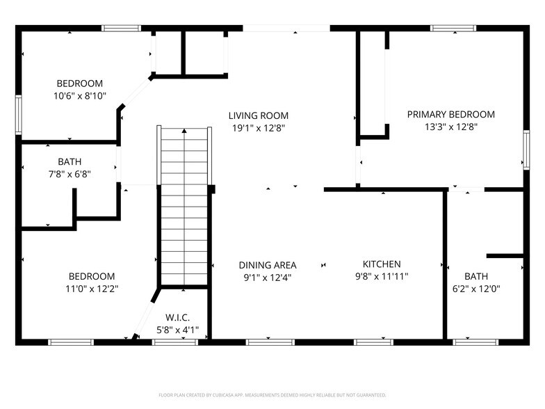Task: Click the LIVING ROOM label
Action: point(259,115)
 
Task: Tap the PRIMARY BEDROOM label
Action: point(450,115)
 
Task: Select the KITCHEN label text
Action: point(382,264)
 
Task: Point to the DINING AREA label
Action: point(268,265)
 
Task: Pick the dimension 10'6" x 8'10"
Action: point(81,96)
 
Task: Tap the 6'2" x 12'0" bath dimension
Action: point(476,288)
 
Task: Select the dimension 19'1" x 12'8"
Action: point(259,128)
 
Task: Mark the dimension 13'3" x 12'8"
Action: point(450,127)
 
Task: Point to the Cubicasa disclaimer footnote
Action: point(272,394)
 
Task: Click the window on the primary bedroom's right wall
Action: point(526,150)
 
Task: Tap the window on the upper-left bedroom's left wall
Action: point(19,113)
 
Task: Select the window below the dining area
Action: point(270,342)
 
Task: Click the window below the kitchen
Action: point(378,342)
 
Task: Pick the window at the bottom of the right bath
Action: point(475,342)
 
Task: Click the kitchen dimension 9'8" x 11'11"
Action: point(382,276)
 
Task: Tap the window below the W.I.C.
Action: point(175,342)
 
